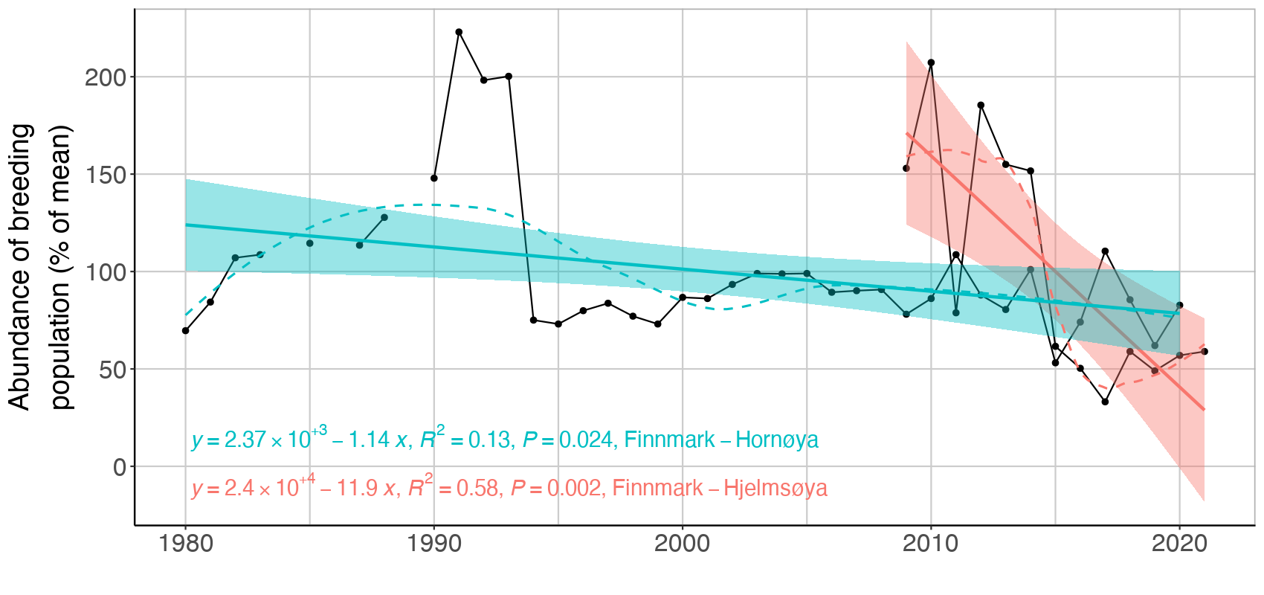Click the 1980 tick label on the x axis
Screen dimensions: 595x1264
(185, 544)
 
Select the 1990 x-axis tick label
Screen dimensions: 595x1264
(433, 544)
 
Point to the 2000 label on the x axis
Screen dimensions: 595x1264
(682, 544)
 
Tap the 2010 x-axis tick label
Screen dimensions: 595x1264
(930, 544)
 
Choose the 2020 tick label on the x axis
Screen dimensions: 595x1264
(1179, 544)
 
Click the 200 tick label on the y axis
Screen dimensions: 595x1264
(106, 77)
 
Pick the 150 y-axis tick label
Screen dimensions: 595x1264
(106, 175)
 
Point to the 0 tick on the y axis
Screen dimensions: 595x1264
(120, 467)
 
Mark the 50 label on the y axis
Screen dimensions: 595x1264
(112, 370)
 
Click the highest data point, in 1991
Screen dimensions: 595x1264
(459, 32)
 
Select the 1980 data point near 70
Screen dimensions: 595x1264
(185, 330)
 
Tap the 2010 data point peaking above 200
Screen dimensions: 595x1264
(931, 62)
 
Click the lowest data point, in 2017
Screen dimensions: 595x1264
(1105, 402)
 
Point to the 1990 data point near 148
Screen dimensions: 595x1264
(434, 178)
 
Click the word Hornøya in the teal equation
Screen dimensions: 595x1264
(777, 440)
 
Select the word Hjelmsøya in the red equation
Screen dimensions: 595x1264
(776, 489)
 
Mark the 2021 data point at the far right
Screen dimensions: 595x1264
(1205, 352)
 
